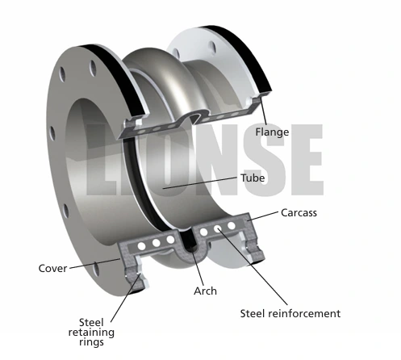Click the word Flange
click(272, 132)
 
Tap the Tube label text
click(253, 178)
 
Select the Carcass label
click(299, 213)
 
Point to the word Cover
click(52, 269)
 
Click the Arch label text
click(205, 291)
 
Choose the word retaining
click(91, 333)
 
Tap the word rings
click(92, 342)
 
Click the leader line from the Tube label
click(200, 182)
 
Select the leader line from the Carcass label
click(262, 216)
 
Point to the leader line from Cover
click(94, 263)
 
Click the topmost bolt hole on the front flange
click(93, 68)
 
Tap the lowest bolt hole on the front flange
click(95, 270)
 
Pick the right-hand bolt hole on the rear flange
click(212, 48)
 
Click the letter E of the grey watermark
click(307, 160)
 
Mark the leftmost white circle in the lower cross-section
click(141, 245)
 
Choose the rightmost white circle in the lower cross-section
click(232, 225)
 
